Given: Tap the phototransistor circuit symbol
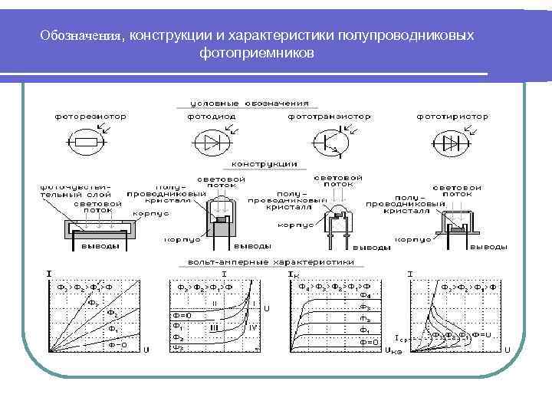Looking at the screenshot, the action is click(x=329, y=142).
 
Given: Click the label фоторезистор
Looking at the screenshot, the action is click(x=90, y=117).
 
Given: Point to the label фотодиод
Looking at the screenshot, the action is click(x=211, y=117).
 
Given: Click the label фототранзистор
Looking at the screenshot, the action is click(x=329, y=117).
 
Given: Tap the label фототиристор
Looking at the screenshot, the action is click(x=452, y=117).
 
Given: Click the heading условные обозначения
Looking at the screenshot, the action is click(x=244, y=103).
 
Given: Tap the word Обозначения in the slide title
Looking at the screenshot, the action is click(x=82, y=35).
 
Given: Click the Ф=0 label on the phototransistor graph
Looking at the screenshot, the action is click(x=368, y=342).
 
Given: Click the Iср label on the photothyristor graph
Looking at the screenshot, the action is click(x=401, y=337).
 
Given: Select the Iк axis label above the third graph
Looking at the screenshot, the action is click(x=293, y=274).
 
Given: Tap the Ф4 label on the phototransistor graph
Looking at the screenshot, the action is click(x=365, y=294).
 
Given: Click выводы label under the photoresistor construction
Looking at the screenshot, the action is click(x=100, y=246).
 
